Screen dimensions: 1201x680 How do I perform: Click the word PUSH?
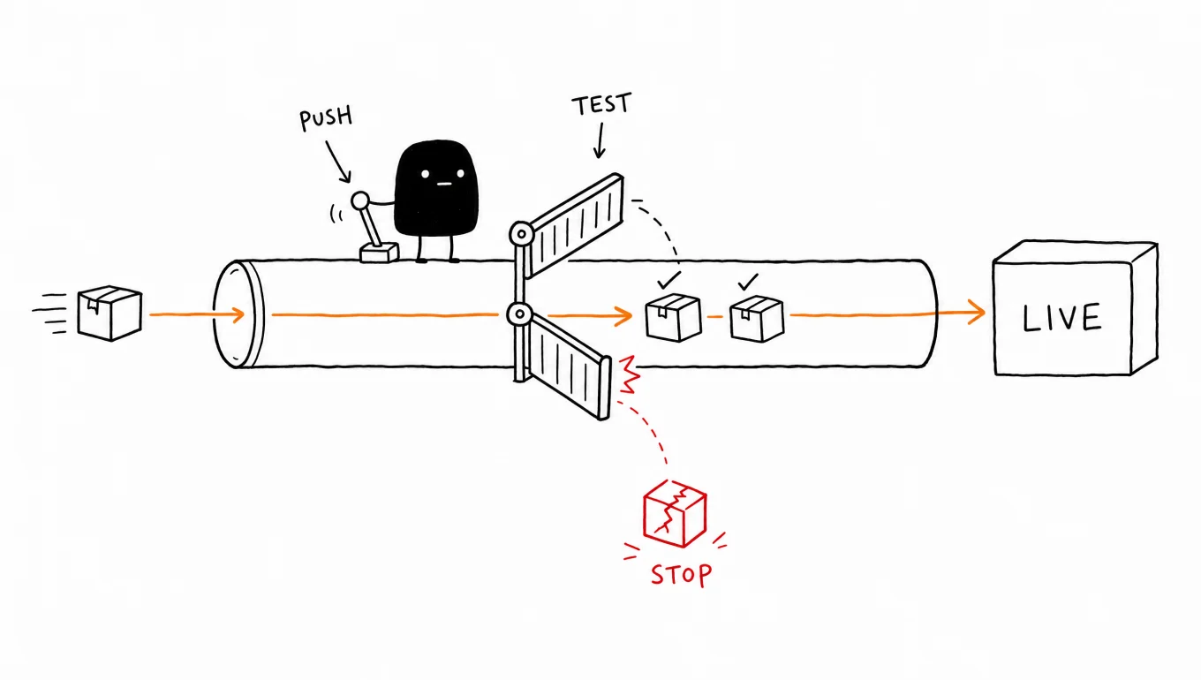click(326, 118)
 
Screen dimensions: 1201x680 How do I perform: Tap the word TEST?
click(601, 104)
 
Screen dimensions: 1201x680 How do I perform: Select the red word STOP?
click(682, 575)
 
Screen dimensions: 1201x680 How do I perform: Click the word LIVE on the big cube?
click(1062, 317)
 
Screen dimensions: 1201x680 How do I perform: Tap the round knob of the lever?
click(360, 201)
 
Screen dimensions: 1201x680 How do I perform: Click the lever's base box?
click(379, 253)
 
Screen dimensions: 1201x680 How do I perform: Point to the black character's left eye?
click(425, 174)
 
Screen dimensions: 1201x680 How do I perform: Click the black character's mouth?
click(444, 184)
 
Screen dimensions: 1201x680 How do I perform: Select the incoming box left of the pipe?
click(110, 314)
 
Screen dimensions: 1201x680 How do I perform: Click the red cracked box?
click(675, 514)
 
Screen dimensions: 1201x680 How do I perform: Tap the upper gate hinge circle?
click(521, 234)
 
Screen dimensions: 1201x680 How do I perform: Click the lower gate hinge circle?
click(519, 314)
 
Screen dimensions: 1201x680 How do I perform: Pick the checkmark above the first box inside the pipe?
click(668, 280)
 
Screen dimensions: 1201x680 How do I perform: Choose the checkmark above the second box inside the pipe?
click(747, 282)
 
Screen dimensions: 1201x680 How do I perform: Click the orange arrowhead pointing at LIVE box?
click(976, 312)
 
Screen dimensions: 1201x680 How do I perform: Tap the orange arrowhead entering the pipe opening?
click(237, 314)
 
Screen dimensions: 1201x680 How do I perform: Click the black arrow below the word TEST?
click(600, 140)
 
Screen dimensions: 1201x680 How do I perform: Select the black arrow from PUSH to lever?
click(338, 162)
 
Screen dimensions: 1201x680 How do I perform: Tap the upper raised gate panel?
click(575, 225)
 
